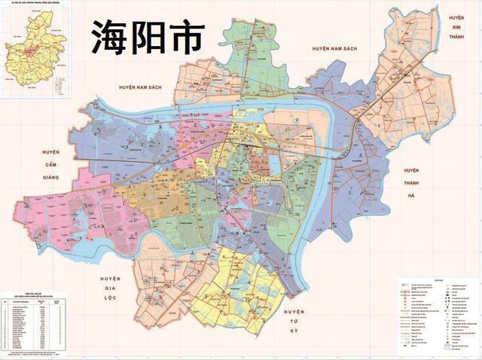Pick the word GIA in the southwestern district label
tap(109, 288)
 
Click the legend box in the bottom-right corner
tap(438, 316)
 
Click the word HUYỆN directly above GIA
tap(109, 278)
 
